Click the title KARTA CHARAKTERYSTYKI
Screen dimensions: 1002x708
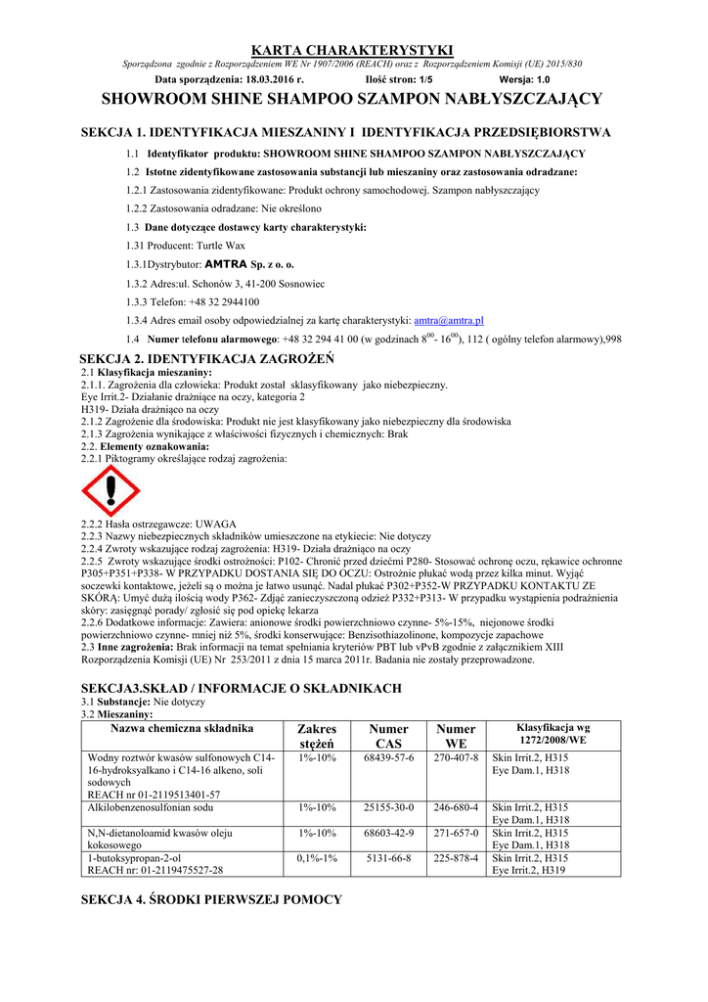click(353, 50)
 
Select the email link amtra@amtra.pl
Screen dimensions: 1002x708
click(450, 320)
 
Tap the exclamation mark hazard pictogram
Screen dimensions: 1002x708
click(110, 490)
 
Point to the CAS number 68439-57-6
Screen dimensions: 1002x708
click(388, 758)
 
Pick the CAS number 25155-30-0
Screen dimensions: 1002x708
click(388, 807)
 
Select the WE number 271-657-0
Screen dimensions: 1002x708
click(456, 833)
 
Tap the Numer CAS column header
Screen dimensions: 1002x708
click(388, 736)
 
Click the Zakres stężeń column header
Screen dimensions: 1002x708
click(316, 736)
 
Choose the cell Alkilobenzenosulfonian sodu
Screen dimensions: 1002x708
click(150, 807)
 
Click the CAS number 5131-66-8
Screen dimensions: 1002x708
click(388, 858)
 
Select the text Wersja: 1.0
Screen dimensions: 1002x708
click(524, 78)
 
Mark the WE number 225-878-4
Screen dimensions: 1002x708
click(456, 858)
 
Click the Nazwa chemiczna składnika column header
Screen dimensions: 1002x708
click(182, 728)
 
